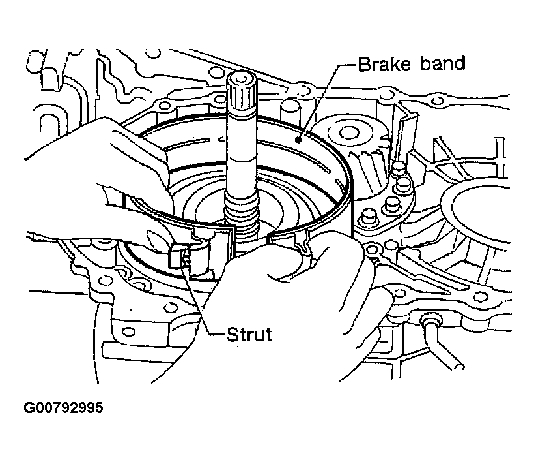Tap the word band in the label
tap(443, 64)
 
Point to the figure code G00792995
tap(63, 409)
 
